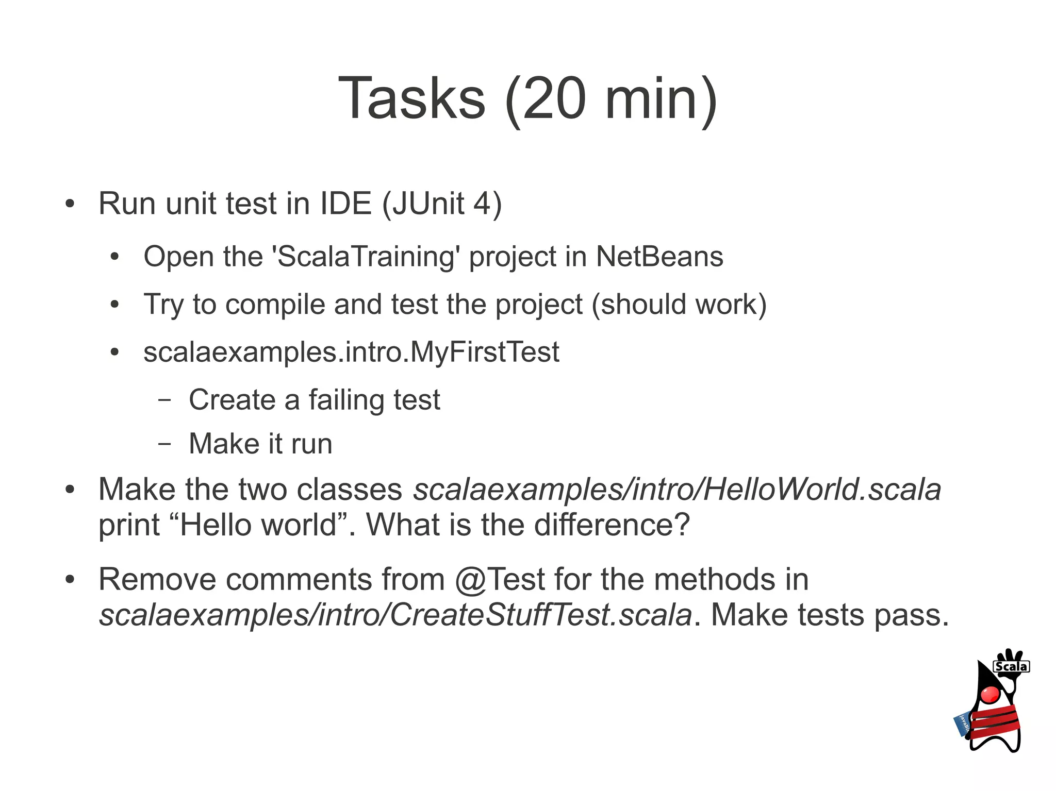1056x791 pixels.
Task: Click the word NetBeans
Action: tap(659, 257)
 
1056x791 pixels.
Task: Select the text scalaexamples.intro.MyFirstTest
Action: tap(351, 352)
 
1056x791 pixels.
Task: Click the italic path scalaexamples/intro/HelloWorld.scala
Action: tap(677, 489)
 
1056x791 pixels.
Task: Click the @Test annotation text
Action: tap(500, 579)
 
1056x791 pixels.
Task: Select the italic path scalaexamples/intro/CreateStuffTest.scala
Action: tap(395, 615)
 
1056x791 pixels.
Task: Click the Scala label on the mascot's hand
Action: tap(1011, 667)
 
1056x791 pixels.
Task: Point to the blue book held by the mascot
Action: tap(962, 724)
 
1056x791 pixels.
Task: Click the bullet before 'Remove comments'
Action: tap(70, 579)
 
